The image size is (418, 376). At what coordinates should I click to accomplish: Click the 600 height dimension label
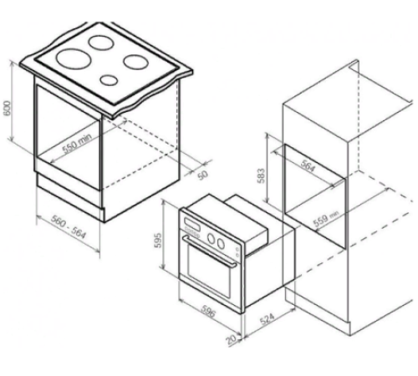point(7,108)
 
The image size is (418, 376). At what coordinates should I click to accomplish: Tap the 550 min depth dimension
point(77,144)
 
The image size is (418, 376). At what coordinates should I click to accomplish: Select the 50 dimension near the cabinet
point(203,175)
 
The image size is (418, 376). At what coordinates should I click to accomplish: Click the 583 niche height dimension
point(262,175)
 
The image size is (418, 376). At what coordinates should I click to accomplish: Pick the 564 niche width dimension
point(308,166)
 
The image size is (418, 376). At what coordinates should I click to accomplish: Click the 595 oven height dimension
point(157,240)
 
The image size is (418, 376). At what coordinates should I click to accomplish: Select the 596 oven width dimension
point(208,312)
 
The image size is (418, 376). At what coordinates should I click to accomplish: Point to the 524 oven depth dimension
point(268,319)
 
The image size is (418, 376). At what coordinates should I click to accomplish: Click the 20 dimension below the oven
point(231,340)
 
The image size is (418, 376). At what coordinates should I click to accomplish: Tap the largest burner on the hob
point(74,58)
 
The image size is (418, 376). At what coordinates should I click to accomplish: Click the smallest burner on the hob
point(109,80)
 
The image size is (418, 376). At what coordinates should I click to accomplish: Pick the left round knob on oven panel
point(212,238)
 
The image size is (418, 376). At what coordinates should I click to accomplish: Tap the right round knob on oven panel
point(221,243)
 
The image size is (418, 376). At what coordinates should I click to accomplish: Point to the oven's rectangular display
point(191,224)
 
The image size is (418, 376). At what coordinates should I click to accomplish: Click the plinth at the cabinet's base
point(69,192)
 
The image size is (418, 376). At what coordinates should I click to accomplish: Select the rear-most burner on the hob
point(101,43)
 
